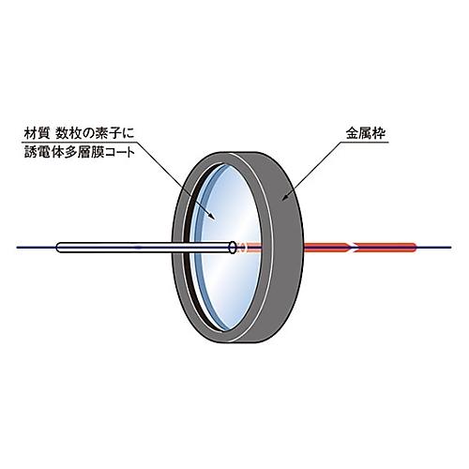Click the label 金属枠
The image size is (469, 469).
coord(366,134)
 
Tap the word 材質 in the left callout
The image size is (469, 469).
coord(37,134)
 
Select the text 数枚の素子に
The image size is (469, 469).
coord(95,134)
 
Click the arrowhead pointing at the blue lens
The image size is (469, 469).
coord(212,216)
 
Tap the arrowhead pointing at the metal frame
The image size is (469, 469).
coord(284,197)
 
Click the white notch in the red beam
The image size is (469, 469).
coord(354,247)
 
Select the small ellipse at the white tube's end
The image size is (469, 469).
coord(233,247)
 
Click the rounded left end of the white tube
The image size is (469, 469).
coord(58,248)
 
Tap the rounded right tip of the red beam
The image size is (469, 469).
coord(414,247)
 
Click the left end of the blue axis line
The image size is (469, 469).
coord(17,248)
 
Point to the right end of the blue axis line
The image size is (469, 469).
coord(451,248)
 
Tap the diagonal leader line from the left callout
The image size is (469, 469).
coord(176,179)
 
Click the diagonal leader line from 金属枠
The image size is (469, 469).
coord(311,170)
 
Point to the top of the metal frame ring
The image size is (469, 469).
coord(237,154)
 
